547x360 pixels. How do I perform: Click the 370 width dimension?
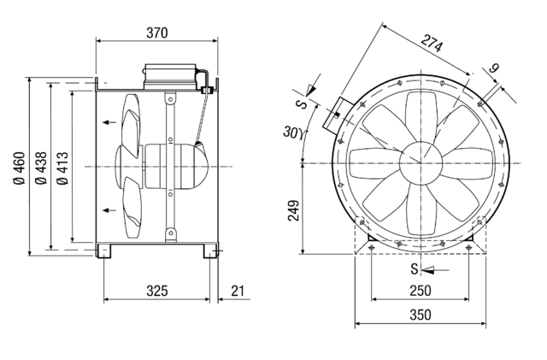click(156, 32)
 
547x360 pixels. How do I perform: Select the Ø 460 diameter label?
click(20, 165)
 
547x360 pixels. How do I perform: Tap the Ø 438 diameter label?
click(41, 165)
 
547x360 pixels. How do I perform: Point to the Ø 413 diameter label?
click(62, 165)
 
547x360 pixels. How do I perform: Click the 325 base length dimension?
click(156, 292)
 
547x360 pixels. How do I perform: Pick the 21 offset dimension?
click(238, 292)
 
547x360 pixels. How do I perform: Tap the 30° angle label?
click(291, 132)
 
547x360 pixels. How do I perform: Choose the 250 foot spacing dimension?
click(420, 292)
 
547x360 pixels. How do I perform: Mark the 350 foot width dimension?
click(420, 315)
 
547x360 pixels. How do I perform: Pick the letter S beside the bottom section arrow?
click(414, 269)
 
